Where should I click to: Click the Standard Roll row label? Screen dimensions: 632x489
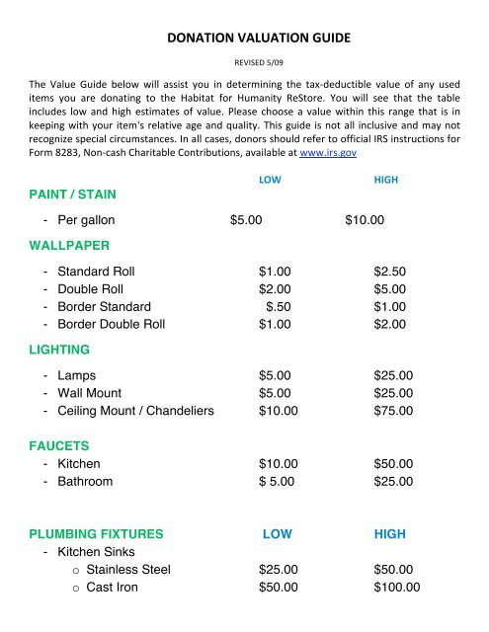click(x=96, y=271)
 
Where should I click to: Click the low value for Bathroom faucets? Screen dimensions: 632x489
click(x=275, y=482)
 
